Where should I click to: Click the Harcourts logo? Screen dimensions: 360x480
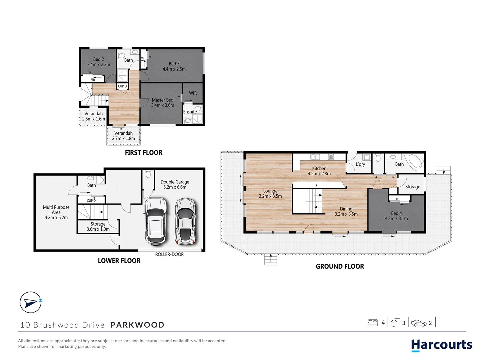click(441, 345)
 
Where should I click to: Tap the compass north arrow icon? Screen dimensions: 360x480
click(31, 302)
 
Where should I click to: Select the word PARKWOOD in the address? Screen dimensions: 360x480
click(137, 325)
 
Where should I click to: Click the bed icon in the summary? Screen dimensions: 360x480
click(372, 322)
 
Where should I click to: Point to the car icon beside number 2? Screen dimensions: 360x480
click(419, 323)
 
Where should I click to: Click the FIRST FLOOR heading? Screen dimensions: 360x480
click(144, 153)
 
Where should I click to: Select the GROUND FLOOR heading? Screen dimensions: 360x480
click(340, 266)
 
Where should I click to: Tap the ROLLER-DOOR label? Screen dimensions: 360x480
click(169, 254)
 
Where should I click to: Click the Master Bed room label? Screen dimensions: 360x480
click(163, 102)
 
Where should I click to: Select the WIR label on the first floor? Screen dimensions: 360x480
click(193, 93)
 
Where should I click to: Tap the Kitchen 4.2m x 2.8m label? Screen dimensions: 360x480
click(319, 171)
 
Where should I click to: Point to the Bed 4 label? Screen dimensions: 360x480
click(396, 216)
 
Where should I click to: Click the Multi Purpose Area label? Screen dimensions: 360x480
click(56, 212)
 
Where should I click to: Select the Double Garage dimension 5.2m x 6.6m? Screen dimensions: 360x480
click(175, 187)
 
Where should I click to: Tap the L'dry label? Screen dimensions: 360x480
click(360, 164)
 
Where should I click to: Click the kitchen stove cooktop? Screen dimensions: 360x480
click(331, 157)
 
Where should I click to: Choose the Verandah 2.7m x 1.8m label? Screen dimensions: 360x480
click(123, 136)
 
